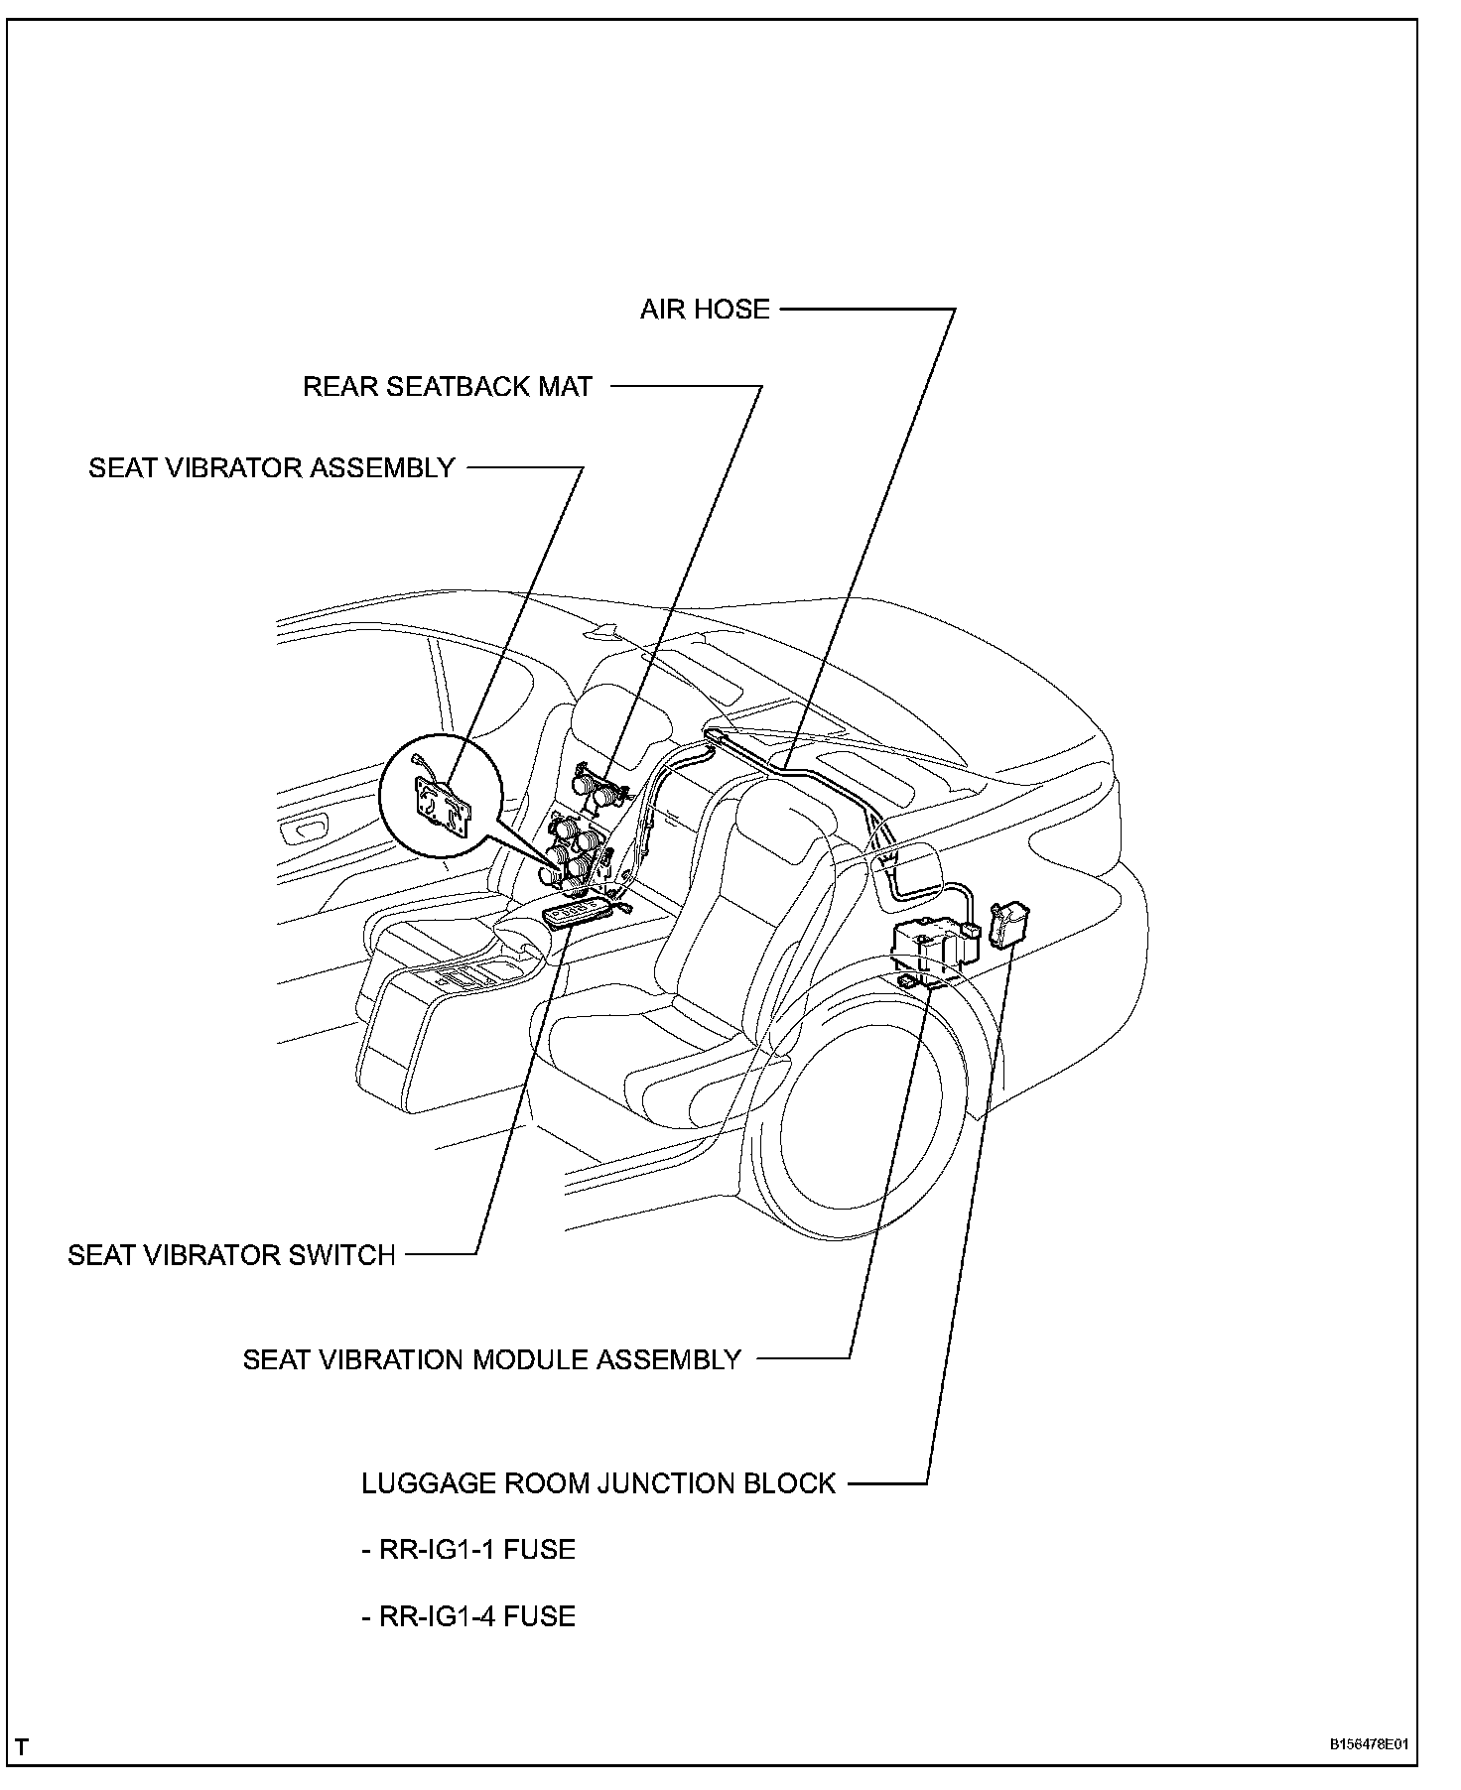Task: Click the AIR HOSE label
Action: pos(705,309)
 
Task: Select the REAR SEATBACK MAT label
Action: pos(447,386)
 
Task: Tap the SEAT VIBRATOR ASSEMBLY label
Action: pos(271,467)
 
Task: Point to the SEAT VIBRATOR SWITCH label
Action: pos(231,1255)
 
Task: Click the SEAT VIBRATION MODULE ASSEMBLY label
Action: pos(492,1359)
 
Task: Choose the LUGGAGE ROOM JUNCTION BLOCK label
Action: pos(598,1483)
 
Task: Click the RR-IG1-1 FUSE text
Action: pos(467,1550)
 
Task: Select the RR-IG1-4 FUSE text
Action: pos(467,1616)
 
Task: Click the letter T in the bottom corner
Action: pos(22,1746)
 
